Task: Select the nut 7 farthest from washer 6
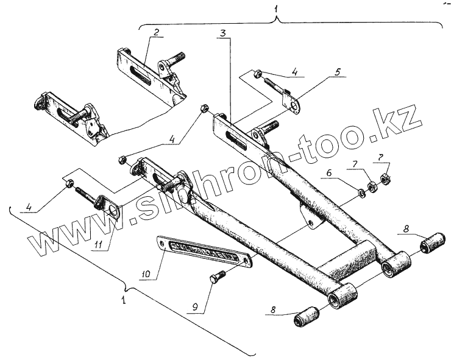385,178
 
